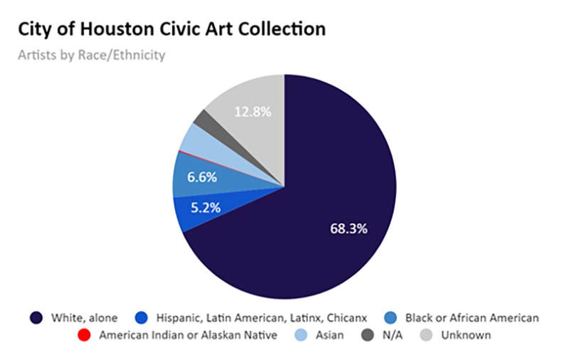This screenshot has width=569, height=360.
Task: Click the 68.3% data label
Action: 349,229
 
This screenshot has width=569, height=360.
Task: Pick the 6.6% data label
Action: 202,178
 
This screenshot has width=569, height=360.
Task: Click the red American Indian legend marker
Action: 86,334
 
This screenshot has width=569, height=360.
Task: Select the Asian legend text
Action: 329,334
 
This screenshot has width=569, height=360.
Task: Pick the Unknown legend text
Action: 466,334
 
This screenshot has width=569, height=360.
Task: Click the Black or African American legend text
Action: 472,317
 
